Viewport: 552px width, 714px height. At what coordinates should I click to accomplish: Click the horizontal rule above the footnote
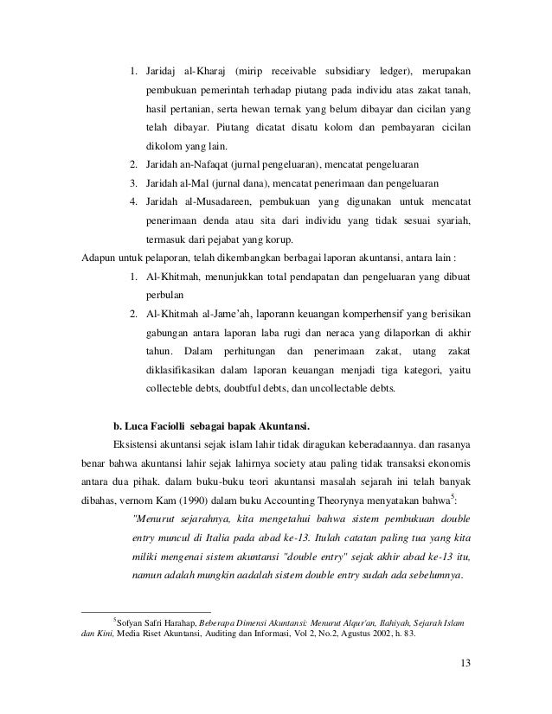pos(138,611)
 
